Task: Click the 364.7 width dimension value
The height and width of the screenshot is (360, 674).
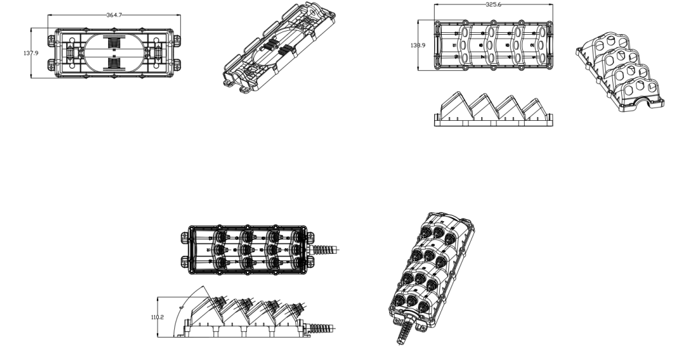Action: pyautogui.click(x=114, y=14)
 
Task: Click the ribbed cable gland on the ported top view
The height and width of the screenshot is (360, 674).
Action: pyautogui.click(x=325, y=249)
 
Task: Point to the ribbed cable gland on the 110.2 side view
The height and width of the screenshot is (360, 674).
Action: pyautogui.click(x=321, y=328)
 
